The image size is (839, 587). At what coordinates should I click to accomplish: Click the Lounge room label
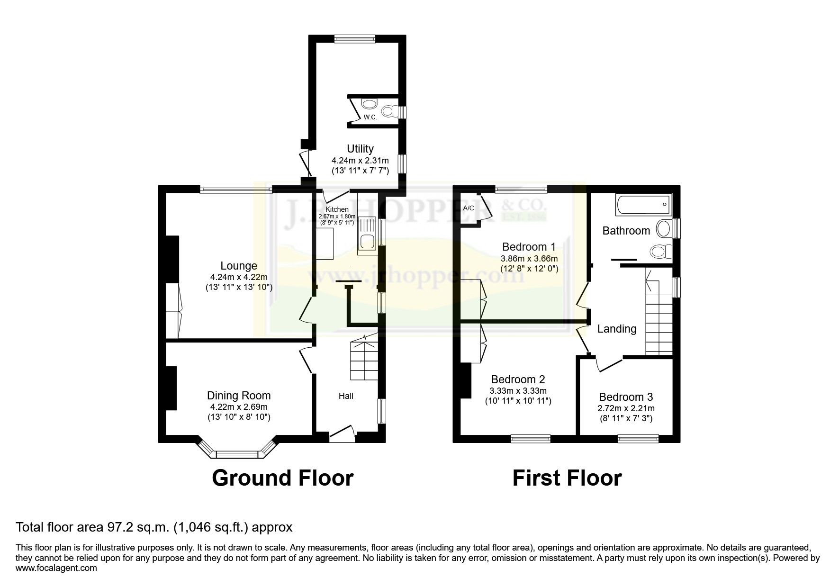(x=239, y=266)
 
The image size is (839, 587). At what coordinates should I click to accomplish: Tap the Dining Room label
(x=239, y=396)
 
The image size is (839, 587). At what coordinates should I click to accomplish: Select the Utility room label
(x=360, y=149)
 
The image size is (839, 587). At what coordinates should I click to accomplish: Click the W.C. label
(x=370, y=117)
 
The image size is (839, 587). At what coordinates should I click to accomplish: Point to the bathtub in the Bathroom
(x=643, y=204)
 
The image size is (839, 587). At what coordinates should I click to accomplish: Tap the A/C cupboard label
(x=469, y=208)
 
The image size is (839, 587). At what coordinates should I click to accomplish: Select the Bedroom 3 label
(x=626, y=397)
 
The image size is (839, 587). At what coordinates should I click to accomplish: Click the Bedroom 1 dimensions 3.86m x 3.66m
(x=529, y=259)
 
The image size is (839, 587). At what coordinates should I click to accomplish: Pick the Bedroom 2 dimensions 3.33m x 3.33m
(x=518, y=391)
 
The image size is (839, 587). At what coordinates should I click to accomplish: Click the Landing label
(x=617, y=329)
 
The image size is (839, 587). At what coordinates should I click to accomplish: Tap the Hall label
(x=346, y=396)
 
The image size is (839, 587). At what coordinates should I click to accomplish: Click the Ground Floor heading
(x=283, y=478)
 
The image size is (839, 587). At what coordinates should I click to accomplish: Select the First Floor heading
(x=567, y=478)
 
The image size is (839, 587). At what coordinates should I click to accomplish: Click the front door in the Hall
(x=342, y=433)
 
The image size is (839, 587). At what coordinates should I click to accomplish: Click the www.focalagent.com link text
(x=56, y=568)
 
